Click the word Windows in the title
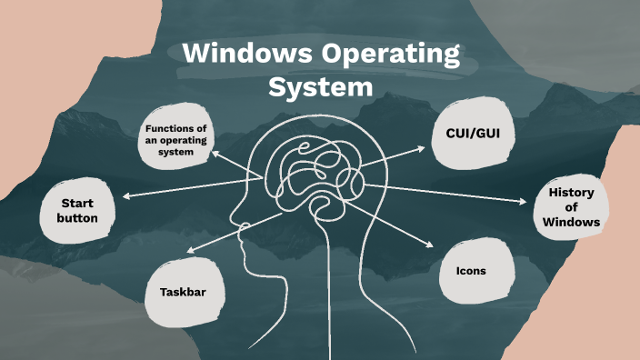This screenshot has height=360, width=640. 239,55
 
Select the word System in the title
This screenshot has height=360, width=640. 321,88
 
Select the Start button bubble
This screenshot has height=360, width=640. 77,211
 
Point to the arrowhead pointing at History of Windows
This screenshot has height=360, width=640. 525,202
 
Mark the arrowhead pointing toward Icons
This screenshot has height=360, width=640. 431,246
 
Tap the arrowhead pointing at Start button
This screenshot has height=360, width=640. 125,195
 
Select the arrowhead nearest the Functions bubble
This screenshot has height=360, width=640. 215,155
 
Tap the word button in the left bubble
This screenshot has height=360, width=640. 77,219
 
